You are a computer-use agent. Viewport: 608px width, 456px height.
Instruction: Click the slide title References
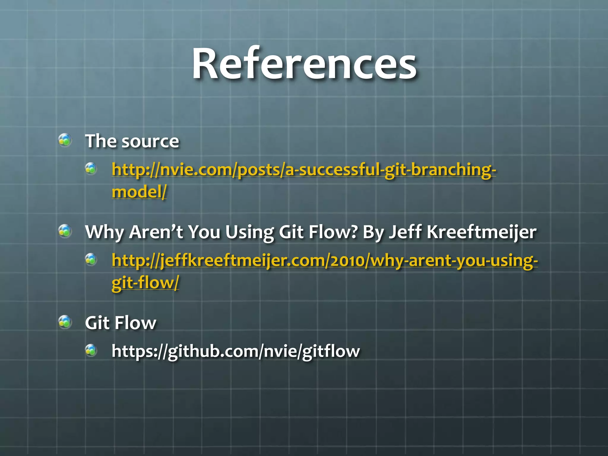pyautogui.click(x=304, y=64)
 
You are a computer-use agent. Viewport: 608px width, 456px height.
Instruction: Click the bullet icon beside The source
pyautogui.click(x=65, y=140)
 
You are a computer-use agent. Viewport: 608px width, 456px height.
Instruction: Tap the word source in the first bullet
pyautogui.click(x=150, y=141)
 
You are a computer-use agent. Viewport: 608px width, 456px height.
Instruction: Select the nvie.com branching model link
pyautogui.click(x=303, y=170)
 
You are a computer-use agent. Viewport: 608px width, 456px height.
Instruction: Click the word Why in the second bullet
pyautogui.click(x=104, y=232)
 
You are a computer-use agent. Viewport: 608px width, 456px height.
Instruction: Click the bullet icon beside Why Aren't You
pyautogui.click(x=65, y=231)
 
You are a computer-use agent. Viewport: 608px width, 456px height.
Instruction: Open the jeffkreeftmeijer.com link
pyautogui.click(x=324, y=261)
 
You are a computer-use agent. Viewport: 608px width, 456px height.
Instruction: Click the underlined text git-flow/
pyautogui.click(x=145, y=283)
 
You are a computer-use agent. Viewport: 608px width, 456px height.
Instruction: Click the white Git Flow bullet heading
pyautogui.click(x=121, y=323)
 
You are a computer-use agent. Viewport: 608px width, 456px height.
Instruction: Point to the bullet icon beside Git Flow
pyautogui.click(x=65, y=322)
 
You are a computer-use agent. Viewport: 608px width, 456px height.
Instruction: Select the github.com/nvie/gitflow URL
pyautogui.click(x=235, y=351)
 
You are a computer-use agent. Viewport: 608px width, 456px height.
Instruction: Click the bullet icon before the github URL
pyautogui.click(x=91, y=350)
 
